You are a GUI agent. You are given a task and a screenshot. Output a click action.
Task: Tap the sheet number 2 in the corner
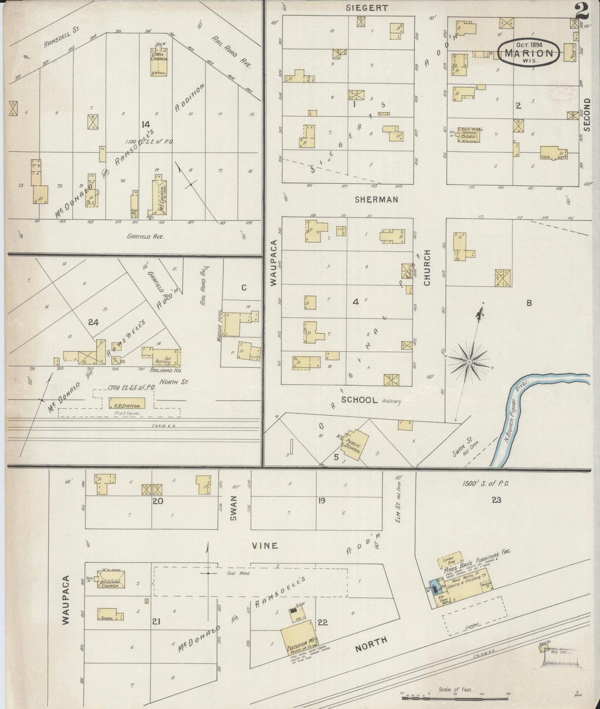(582, 12)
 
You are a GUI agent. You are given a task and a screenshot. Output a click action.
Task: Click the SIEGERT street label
(367, 8)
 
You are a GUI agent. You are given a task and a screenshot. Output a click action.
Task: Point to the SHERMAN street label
(376, 200)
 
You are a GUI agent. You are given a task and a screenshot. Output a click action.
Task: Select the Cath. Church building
(159, 62)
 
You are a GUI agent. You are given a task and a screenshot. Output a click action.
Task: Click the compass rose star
(469, 362)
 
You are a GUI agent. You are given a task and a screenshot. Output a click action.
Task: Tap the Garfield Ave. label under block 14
(146, 236)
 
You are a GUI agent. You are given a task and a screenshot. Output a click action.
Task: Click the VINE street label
(264, 546)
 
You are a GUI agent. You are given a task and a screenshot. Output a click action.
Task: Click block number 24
(93, 322)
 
